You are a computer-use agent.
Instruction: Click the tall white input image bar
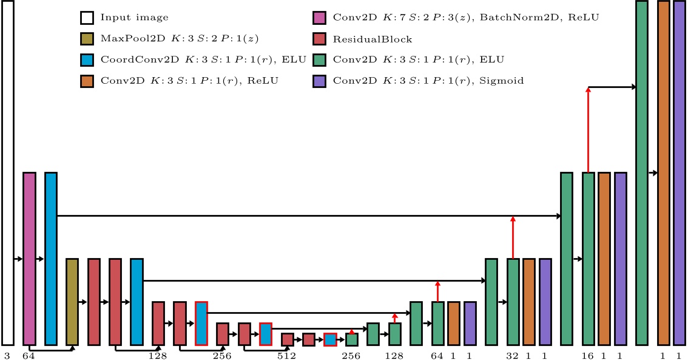pyautogui.click(x=7, y=172)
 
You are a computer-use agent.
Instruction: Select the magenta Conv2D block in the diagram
pyautogui.click(x=29, y=259)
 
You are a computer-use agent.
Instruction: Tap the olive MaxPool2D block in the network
pyautogui.click(x=72, y=302)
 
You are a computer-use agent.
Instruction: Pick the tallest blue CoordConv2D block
pyautogui.click(x=51, y=259)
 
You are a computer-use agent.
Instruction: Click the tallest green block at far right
pyautogui.click(x=642, y=172)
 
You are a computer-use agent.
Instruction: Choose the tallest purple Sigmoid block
pyautogui.click(x=679, y=172)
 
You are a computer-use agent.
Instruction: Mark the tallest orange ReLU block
pyautogui.click(x=663, y=172)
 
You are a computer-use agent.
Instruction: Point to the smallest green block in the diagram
pyautogui.click(x=352, y=339)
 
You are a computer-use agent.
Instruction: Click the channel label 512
pyautogui.click(x=286, y=356)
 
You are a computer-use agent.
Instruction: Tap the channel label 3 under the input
pyautogui.click(x=7, y=356)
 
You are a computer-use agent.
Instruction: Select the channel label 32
pyautogui.click(x=513, y=356)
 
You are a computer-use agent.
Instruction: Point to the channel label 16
pyautogui.click(x=587, y=356)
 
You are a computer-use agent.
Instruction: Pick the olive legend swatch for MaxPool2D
pyautogui.click(x=87, y=39)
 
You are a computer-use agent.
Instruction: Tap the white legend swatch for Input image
pyautogui.click(x=87, y=18)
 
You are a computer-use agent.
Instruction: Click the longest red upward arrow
pyautogui.click(x=587, y=130)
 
